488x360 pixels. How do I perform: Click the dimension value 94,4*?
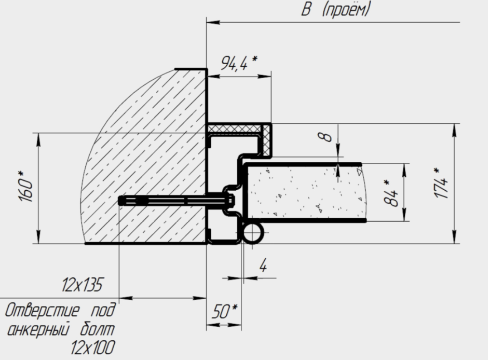[x=239, y=63]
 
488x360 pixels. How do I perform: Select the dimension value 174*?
[x=441, y=183]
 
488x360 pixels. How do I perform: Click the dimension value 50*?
[x=225, y=311]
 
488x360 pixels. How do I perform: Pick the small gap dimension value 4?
[x=263, y=266]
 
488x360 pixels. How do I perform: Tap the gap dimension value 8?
[x=325, y=136]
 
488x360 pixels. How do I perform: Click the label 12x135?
[x=82, y=285]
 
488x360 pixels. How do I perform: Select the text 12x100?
[x=92, y=348]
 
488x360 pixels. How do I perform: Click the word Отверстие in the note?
[x=42, y=310]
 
